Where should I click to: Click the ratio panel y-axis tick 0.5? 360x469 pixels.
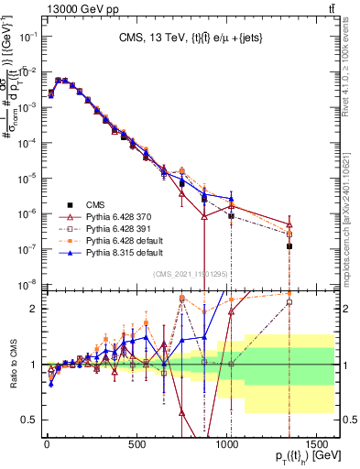coord(28,420)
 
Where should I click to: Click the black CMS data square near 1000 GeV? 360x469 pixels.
coord(231,216)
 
